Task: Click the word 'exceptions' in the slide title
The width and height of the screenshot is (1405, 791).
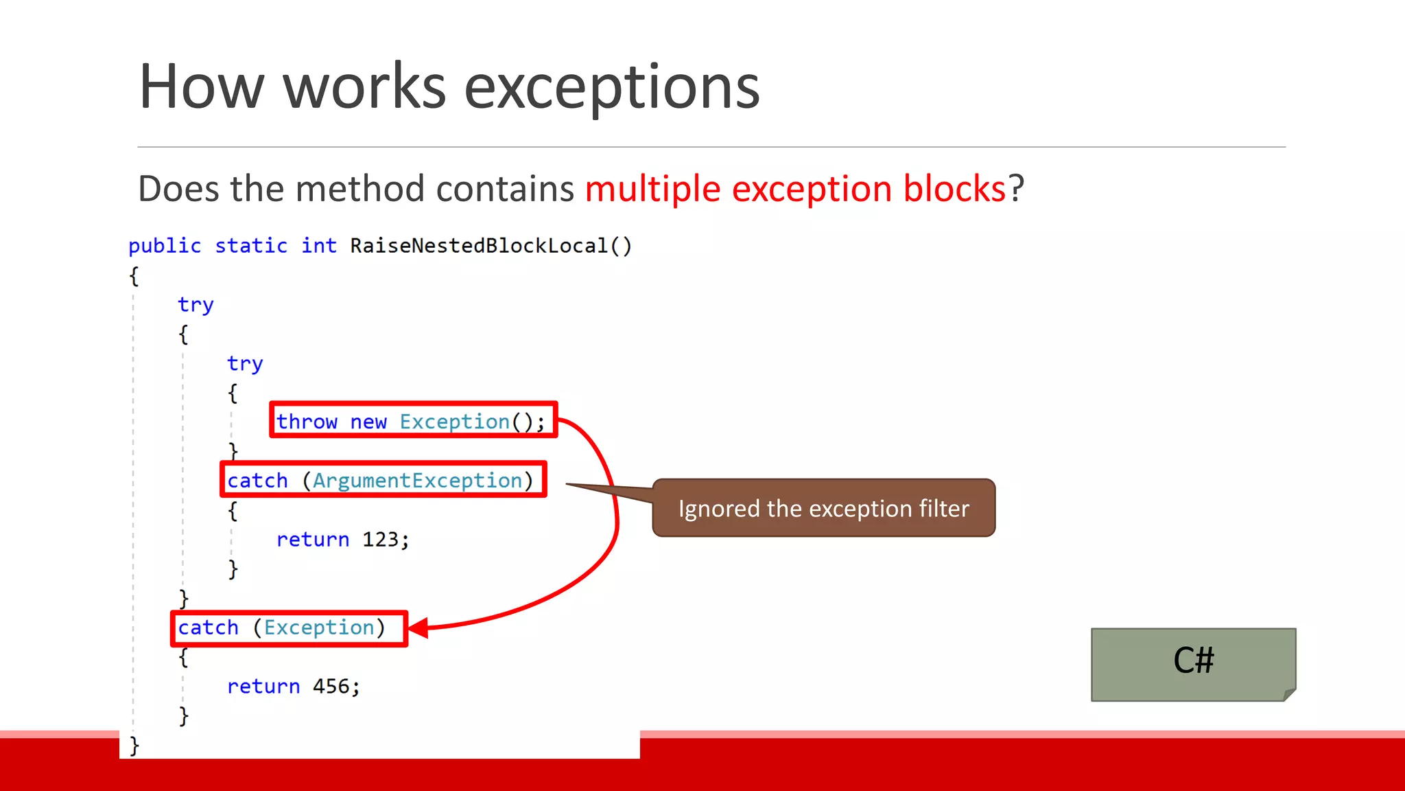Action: point(611,87)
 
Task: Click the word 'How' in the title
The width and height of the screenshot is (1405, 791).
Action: point(201,87)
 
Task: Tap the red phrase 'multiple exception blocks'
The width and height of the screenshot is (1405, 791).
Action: point(794,189)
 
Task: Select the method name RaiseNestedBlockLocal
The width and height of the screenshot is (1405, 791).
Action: point(479,246)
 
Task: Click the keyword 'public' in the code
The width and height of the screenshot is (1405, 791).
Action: point(165,246)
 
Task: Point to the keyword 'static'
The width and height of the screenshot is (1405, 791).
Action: point(251,246)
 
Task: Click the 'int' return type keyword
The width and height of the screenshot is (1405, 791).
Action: point(319,246)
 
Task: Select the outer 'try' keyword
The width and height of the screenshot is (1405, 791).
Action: point(196,304)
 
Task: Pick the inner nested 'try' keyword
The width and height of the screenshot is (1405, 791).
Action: point(245,363)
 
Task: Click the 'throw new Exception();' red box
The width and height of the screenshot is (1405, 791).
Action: point(413,420)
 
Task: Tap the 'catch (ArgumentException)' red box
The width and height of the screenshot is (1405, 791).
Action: point(383,480)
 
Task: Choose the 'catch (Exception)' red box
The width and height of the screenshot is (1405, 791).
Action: point(289,628)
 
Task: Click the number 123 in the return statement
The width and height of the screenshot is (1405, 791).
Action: point(380,540)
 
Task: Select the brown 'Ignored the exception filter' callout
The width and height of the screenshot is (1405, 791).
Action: point(823,509)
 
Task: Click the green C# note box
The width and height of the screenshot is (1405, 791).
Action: point(1193,663)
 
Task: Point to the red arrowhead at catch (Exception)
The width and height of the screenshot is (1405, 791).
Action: point(418,628)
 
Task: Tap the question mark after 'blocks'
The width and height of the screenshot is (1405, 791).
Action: point(1016,189)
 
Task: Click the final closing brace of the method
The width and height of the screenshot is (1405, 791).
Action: point(134,745)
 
